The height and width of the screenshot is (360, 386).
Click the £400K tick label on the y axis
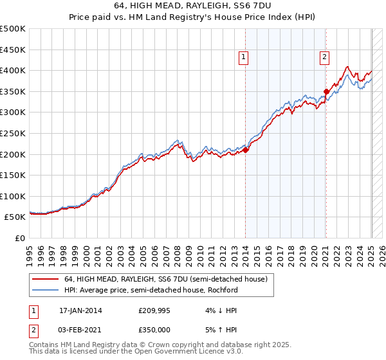pos(13,70)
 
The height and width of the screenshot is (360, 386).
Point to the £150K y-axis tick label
pos(13,175)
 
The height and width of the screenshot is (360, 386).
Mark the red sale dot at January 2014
pos(246,150)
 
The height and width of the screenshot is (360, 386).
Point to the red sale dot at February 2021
pos(326,91)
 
